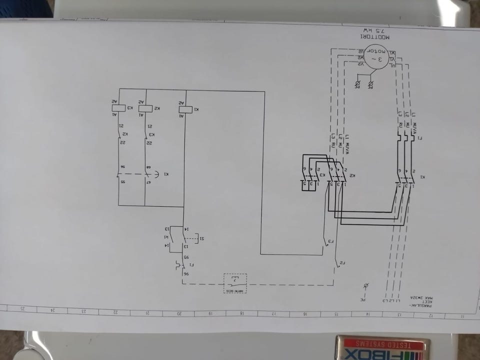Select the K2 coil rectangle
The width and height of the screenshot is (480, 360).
145,108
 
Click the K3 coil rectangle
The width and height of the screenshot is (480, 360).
118,108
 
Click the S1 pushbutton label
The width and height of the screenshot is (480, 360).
201,239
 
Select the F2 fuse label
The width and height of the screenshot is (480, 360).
342,262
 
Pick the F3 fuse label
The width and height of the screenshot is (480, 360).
330,242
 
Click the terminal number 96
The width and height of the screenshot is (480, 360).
186,274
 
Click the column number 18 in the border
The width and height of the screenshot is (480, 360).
241,313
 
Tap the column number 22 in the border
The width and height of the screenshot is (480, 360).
115,312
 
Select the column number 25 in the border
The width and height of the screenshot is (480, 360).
22,309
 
